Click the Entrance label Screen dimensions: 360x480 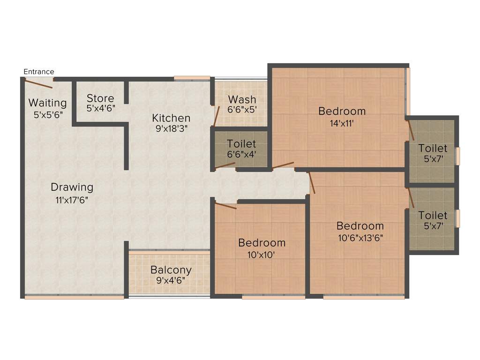[x=39, y=72]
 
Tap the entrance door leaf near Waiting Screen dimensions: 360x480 [x=38, y=84]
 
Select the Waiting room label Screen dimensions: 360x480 [x=47, y=103]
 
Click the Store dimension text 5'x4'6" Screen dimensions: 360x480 [x=100, y=108]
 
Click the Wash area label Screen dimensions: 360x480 [x=242, y=99]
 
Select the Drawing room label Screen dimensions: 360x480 [x=72, y=187]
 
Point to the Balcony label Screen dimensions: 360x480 [x=171, y=270]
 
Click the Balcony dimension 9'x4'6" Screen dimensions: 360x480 [x=171, y=280]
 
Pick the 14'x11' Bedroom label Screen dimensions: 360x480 [x=342, y=111]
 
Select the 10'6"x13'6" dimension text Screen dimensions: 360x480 [x=360, y=237]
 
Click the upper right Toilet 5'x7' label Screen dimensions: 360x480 [x=433, y=149]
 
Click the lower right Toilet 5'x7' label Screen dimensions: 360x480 [x=433, y=215]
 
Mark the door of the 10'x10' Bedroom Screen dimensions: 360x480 [x=225, y=205]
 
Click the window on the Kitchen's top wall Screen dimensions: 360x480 [x=192, y=78]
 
